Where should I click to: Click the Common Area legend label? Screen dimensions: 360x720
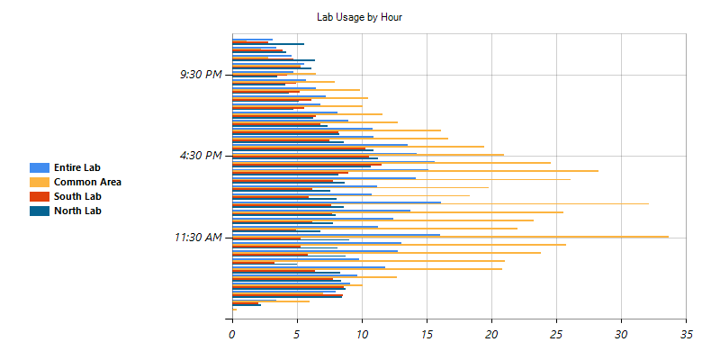[x=87, y=182]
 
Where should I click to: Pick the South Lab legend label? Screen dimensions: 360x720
[x=77, y=196]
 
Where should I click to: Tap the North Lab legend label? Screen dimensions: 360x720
[x=78, y=211]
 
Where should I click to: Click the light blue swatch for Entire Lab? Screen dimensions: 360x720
[x=39, y=167]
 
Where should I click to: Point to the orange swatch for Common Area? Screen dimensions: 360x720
[x=39, y=182]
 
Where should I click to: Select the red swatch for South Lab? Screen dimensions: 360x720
[x=39, y=196]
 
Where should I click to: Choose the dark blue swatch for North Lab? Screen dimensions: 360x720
[x=39, y=211]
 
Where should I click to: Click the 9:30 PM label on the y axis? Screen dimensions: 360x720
[x=200, y=74]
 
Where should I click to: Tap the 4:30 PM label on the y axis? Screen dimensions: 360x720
[x=200, y=156]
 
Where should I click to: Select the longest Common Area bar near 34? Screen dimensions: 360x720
[x=450, y=237]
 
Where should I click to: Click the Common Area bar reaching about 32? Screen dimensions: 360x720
[x=441, y=203]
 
